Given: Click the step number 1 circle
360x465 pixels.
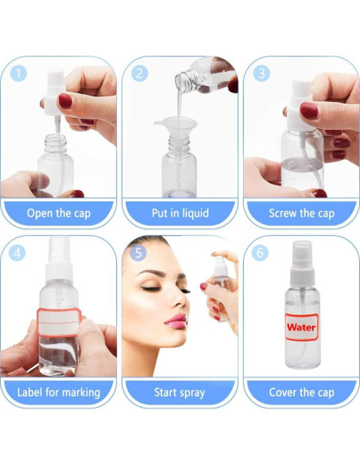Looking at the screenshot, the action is pyautogui.click(x=18, y=73).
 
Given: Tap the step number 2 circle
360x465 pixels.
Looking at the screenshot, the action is pyautogui.click(x=139, y=73).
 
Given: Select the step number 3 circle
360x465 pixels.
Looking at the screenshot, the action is pyautogui.click(x=261, y=73).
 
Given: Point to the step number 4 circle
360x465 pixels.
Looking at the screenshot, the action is pyautogui.click(x=18, y=253).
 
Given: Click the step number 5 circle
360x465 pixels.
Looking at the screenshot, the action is pyautogui.click(x=139, y=253).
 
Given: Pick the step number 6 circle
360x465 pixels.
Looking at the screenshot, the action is pyautogui.click(x=260, y=253).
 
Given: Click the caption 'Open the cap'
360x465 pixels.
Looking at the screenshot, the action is pyautogui.click(x=59, y=213).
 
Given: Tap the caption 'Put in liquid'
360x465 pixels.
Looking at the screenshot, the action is pyautogui.click(x=180, y=213).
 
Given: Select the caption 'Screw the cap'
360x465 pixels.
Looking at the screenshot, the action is pyautogui.click(x=302, y=213).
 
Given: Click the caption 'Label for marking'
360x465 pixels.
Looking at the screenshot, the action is pyautogui.click(x=59, y=393).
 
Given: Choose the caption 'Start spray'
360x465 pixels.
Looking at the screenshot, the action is pyautogui.click(x=179, y=393).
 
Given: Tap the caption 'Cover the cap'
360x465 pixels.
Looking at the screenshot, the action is pyautogui.click(x=302, y=393).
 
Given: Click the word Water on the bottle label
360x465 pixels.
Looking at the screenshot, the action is pyautogui.click(x=301, y=327).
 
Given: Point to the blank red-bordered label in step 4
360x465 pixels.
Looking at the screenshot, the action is pyautogui.click(x=59, y=322).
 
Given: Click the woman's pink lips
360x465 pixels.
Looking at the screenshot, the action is pyautogui.click(x=177, y=321).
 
